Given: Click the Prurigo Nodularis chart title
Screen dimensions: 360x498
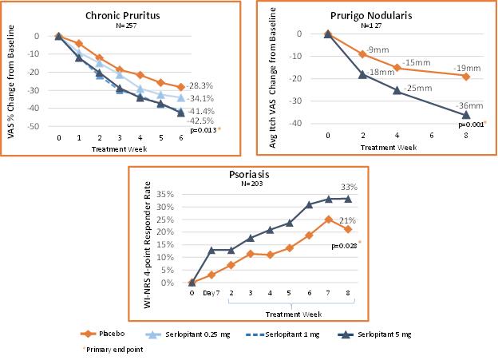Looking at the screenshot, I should click(x=373, y=14).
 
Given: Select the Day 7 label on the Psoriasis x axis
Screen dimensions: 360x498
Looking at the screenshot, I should click(x=211, y=292).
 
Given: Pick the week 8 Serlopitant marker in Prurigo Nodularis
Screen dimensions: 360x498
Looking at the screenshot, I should click(x=466, y=115).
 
